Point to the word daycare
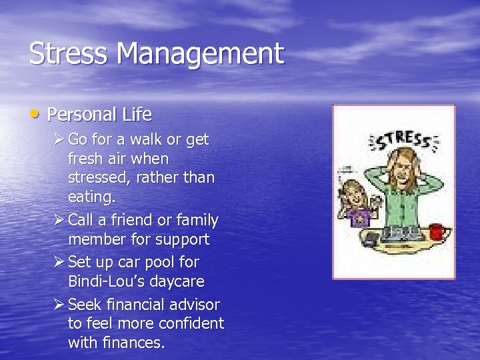178,281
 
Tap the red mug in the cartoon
437,231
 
